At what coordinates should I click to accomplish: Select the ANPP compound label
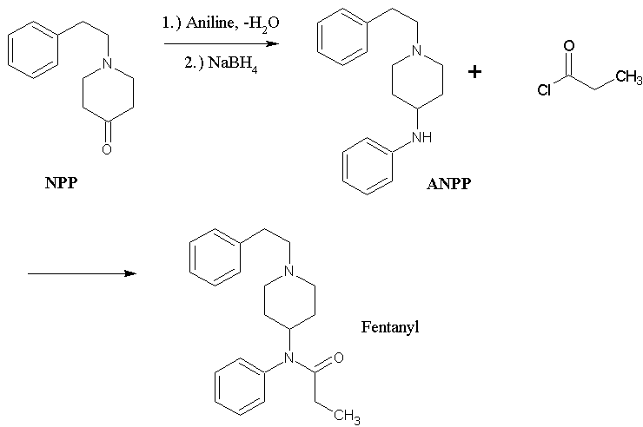tap(448, 184)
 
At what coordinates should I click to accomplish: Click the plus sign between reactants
tap(474, 72)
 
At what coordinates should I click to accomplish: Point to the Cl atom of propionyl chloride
tap(544, 91)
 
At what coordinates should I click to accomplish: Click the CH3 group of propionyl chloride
tap(626, 77)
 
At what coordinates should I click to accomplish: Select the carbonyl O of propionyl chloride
tap(568, 45)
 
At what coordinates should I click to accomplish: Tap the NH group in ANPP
tap(421, 137)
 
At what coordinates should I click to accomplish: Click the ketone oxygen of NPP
tap(107, 149)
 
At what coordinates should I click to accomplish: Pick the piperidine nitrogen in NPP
tap(107, 63)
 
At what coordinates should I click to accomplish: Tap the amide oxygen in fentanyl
tap(338, 358)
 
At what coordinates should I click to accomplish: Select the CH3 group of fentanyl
tap(346, 417)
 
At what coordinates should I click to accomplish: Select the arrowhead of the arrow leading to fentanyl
tap(129, 273)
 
